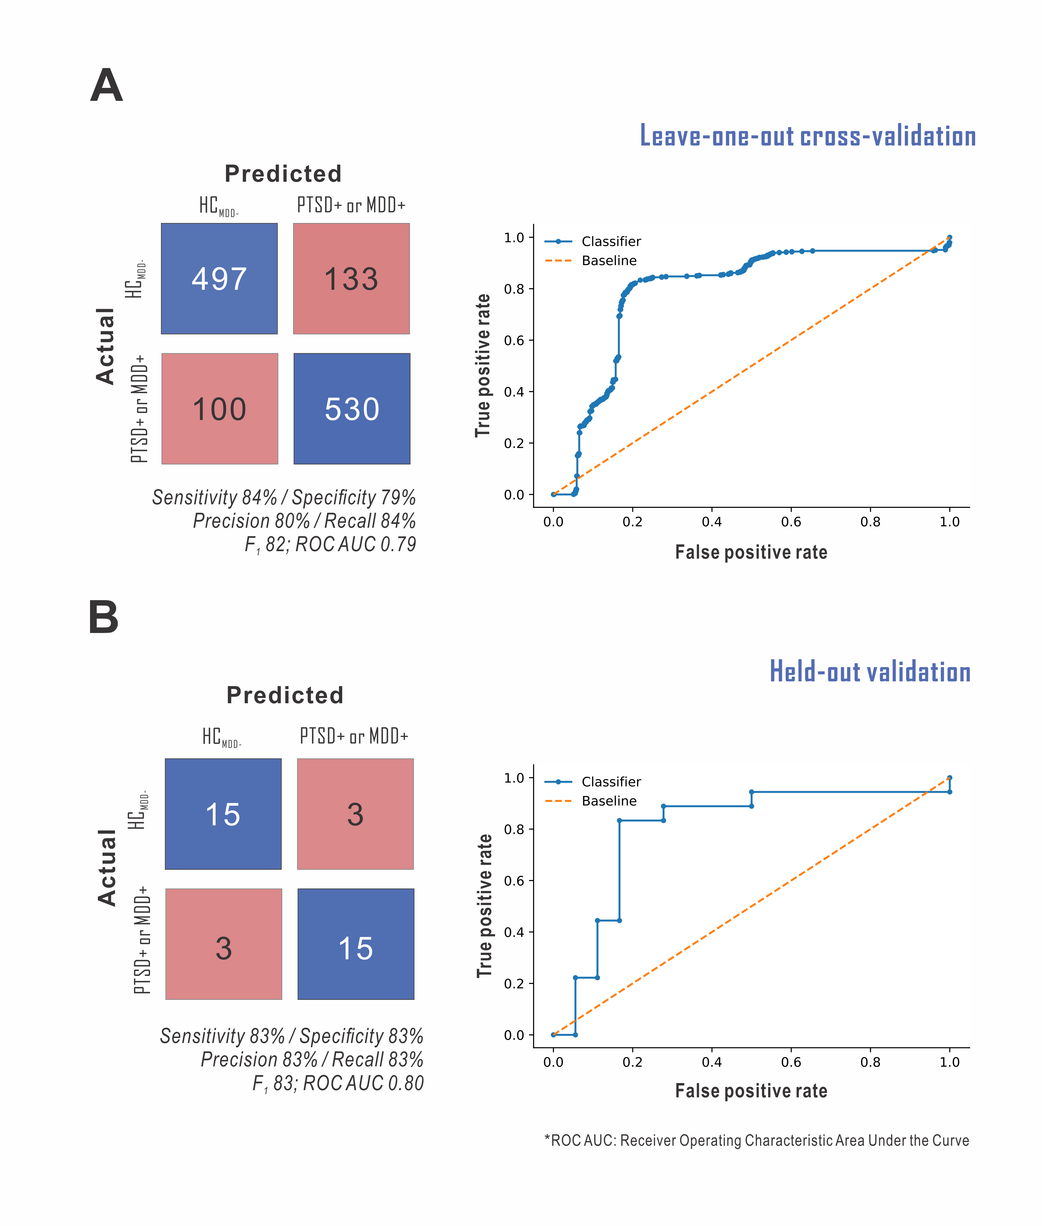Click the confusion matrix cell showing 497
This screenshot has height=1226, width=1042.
tap(219, 279)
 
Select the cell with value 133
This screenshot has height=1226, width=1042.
tap(352, 279)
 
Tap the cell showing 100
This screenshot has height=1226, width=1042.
tap(220, 408)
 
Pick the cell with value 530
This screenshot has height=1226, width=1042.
tap(352, 408)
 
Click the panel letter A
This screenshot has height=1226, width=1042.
tap(106, 86)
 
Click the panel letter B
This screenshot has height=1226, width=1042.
tap(104, 617)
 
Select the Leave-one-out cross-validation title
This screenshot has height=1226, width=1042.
tap(808, 136)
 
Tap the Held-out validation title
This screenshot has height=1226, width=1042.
tap(869, 672)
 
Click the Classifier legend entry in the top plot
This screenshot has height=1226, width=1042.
tap(611, 241)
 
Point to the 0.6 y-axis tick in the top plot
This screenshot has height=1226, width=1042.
tap(514, 340)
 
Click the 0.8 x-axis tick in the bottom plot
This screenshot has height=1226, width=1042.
tap(870, 1062)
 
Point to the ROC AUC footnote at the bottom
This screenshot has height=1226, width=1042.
tap(756, 1140)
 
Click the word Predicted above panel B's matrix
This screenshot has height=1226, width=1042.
tap(285, 695)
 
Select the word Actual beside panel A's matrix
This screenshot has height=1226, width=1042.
tap(105, 347)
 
